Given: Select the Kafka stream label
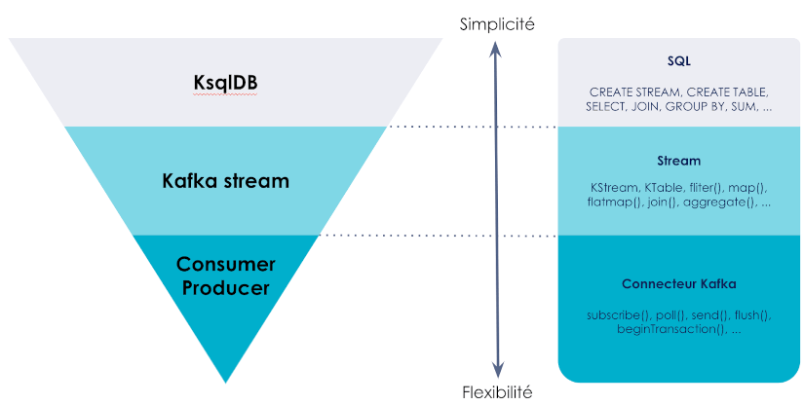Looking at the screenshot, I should point(225,181).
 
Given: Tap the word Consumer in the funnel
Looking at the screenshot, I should point(226,265).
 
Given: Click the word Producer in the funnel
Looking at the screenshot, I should point(226,288).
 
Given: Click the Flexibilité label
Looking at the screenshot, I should point(497,392).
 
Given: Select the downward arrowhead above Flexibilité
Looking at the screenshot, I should point(497,370).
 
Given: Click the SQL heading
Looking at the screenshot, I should point(679,61).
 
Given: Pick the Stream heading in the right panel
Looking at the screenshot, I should point(679,161).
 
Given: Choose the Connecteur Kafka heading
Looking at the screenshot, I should point(679,284).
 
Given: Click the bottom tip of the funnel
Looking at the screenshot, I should point(226,381).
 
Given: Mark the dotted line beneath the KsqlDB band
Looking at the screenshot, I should point(473,127).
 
